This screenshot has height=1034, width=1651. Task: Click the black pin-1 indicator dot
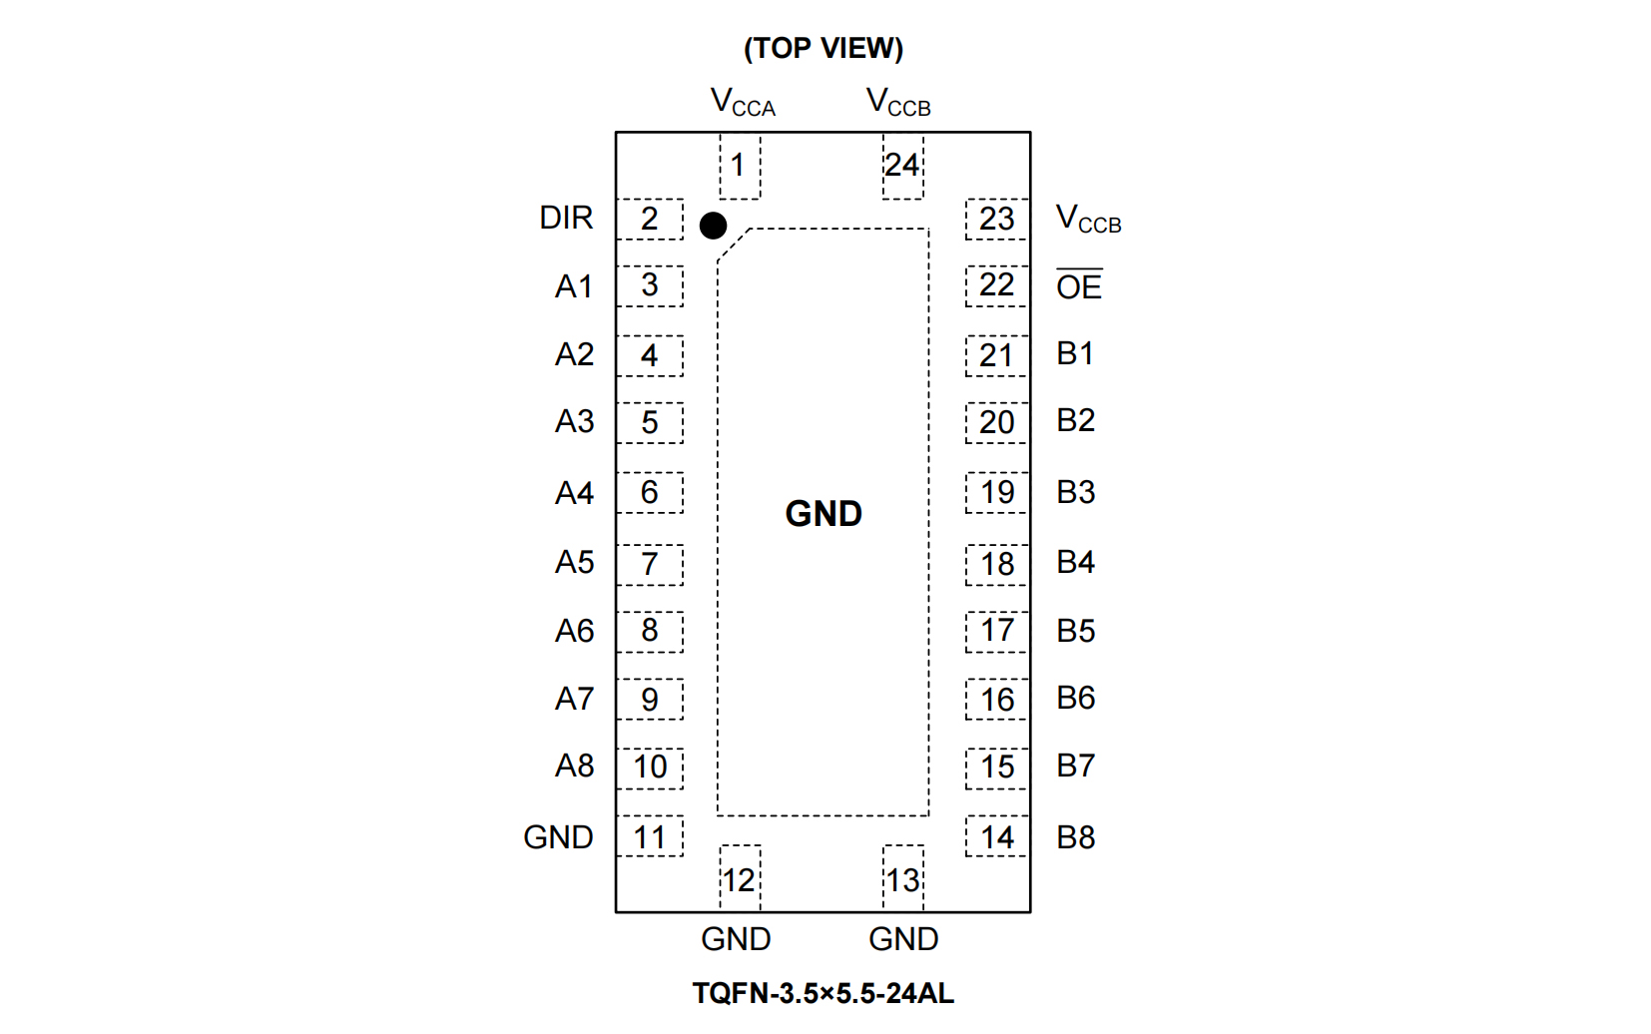pyautogui.click(x=713, y=226)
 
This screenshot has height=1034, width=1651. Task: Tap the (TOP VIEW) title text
pyautogui.click(x=824, y=48)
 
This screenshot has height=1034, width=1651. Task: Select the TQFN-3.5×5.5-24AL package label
pyautogui.click(x=824, y=993)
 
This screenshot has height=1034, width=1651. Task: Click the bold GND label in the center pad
pyautogui.click(x=824, y=513)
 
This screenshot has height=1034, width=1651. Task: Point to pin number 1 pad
pyautogui.click(x=740, y=166)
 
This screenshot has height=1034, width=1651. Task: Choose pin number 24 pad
pyautogui.click(x=902, y=166)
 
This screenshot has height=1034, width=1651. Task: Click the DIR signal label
pyautogui.click(x=566, y=218)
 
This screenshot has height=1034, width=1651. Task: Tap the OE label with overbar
pyautogui.click(x=1079, y=286)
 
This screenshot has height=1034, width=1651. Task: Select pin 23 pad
pyautogui.click(x=996, y=219)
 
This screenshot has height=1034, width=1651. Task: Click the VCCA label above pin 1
pyautogui.click(x=743, y=102)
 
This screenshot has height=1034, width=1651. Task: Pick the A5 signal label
pyautogui.click(x=574, y=562)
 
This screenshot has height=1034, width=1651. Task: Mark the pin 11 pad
pyautogui.click(x=650, y=837)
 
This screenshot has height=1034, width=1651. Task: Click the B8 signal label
pyautogui.click(x=1075, y=837)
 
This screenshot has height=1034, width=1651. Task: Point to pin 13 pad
pyautogui.click(x=902, y=879)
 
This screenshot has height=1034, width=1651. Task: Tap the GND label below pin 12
pyautogui.click(x=736, y=939)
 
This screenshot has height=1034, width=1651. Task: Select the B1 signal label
pyautogui.click(x=1075, y=353)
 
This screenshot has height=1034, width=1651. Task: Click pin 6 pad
pyautogui.click(x=650, y=492)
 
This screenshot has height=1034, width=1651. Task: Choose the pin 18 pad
pyautogui.click(x=996, y=564)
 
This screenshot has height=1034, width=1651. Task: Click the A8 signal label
pyautogui.click(x=574, y=766)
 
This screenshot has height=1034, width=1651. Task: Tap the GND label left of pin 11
pyautogui.click(x=558, y=837)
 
